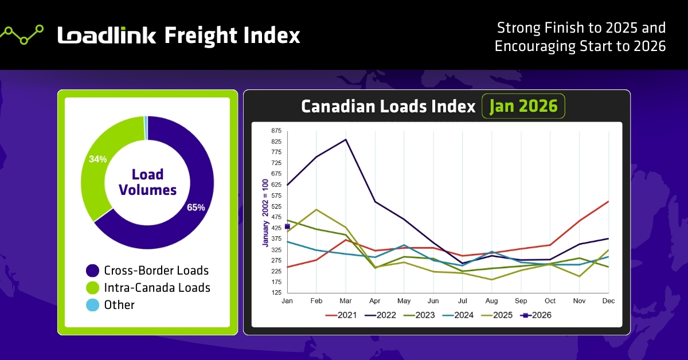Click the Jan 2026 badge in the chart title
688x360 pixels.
tap(523, 107)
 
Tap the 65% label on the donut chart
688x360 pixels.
tap(196, 208)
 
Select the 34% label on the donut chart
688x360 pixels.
tap(97, 159)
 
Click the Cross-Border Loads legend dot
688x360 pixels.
tap(92, 271)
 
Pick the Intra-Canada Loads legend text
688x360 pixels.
tap(157, 288)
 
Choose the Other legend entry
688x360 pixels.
tap(119, 305)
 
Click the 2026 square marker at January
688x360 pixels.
tap(287, 227)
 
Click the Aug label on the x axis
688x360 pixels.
tap(491, 300)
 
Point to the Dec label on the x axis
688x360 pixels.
tap(608, 300)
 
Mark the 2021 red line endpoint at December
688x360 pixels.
tap(608, 201)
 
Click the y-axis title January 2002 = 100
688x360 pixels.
tap(266, 212)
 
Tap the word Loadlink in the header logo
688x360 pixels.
tap(107, 36)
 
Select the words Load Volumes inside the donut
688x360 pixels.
tap(147, 182)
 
